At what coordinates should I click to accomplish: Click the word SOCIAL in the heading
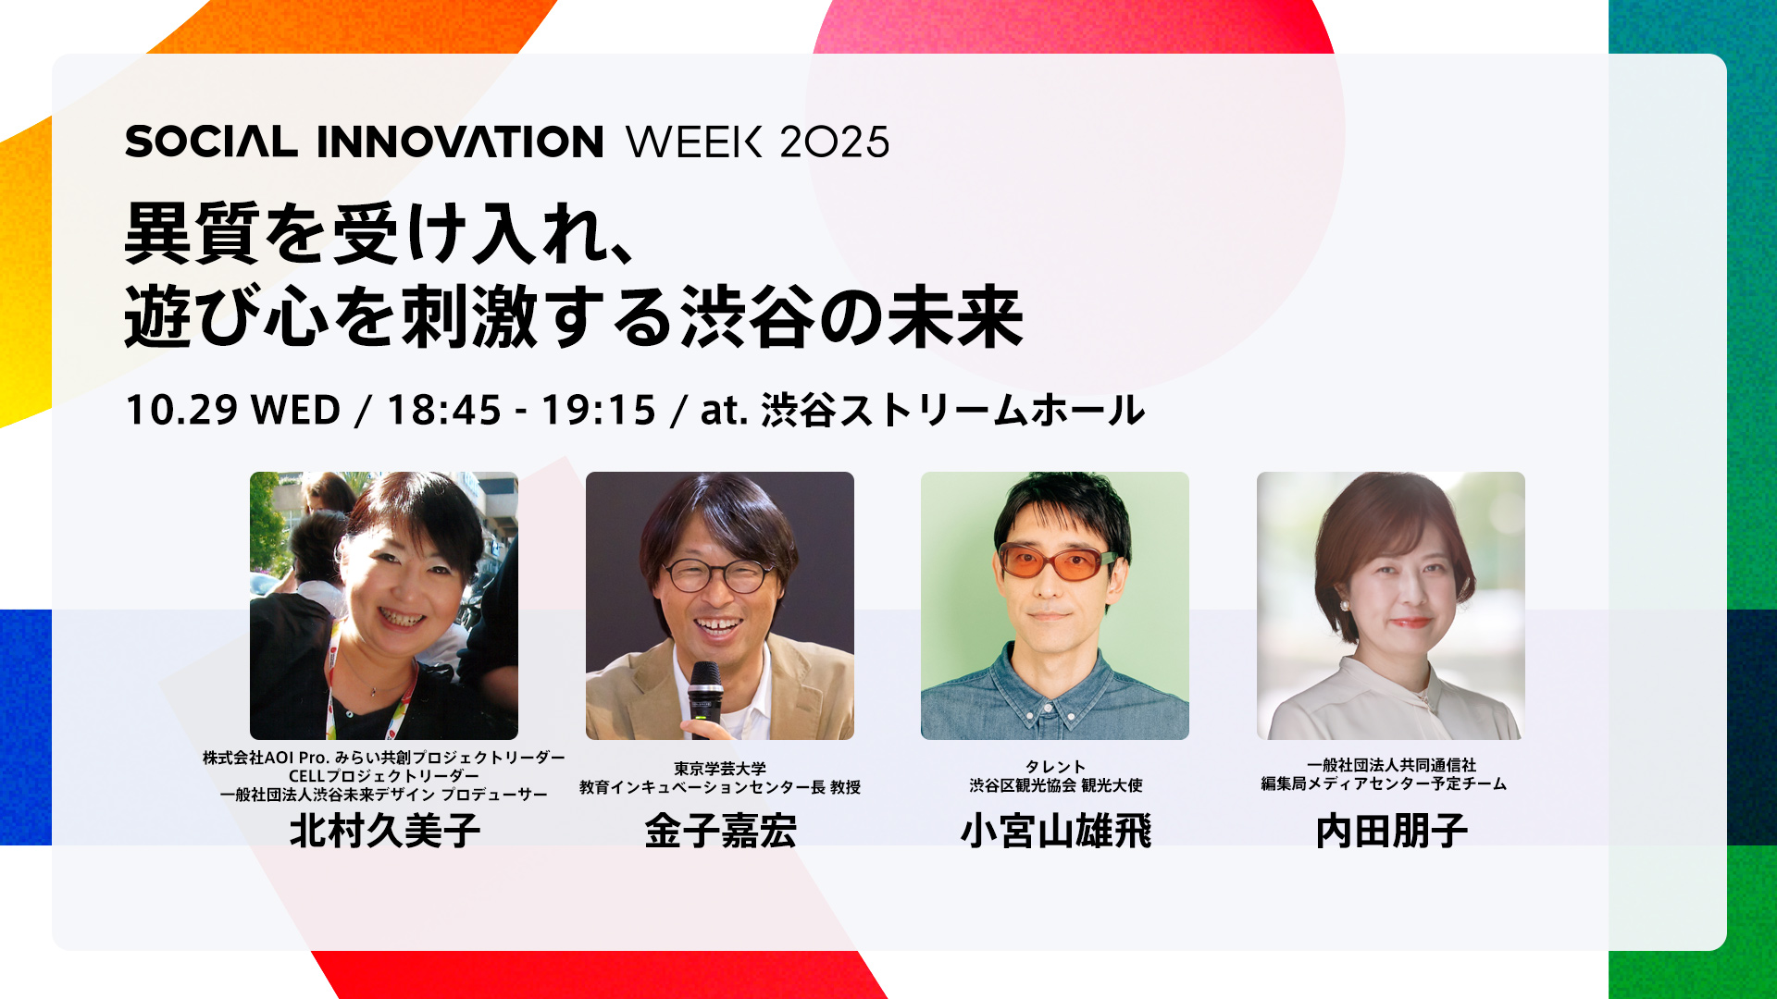(x=211, y=142)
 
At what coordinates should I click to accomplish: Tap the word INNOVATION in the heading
(x=460, y=142)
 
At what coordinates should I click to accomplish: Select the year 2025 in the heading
(x=835, y=142)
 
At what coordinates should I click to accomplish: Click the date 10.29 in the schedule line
(x=181, y=410)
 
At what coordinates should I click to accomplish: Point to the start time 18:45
(x=444, y=410)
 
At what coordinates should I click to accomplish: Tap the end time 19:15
(x=599, y=410)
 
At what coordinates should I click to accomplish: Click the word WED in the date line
(x=296, y=410)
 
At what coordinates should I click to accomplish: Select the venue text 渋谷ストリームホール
(x=952, y=410)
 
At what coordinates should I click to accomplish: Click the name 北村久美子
(x=384, y=831)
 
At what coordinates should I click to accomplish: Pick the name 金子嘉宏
(x=720, y=831)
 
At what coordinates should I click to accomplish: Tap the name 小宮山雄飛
(x=1056, y=831)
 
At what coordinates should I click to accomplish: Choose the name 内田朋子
(x=1392, y=831)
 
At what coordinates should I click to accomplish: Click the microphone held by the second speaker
(x=704, y=698)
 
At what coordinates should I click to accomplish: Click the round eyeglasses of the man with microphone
(x=718, y=575)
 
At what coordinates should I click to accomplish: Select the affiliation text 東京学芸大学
(x=720, y=769)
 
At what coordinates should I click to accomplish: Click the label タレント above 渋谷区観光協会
(x=1056, y=767)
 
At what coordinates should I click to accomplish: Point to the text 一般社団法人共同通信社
(x=1392, y=765)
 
